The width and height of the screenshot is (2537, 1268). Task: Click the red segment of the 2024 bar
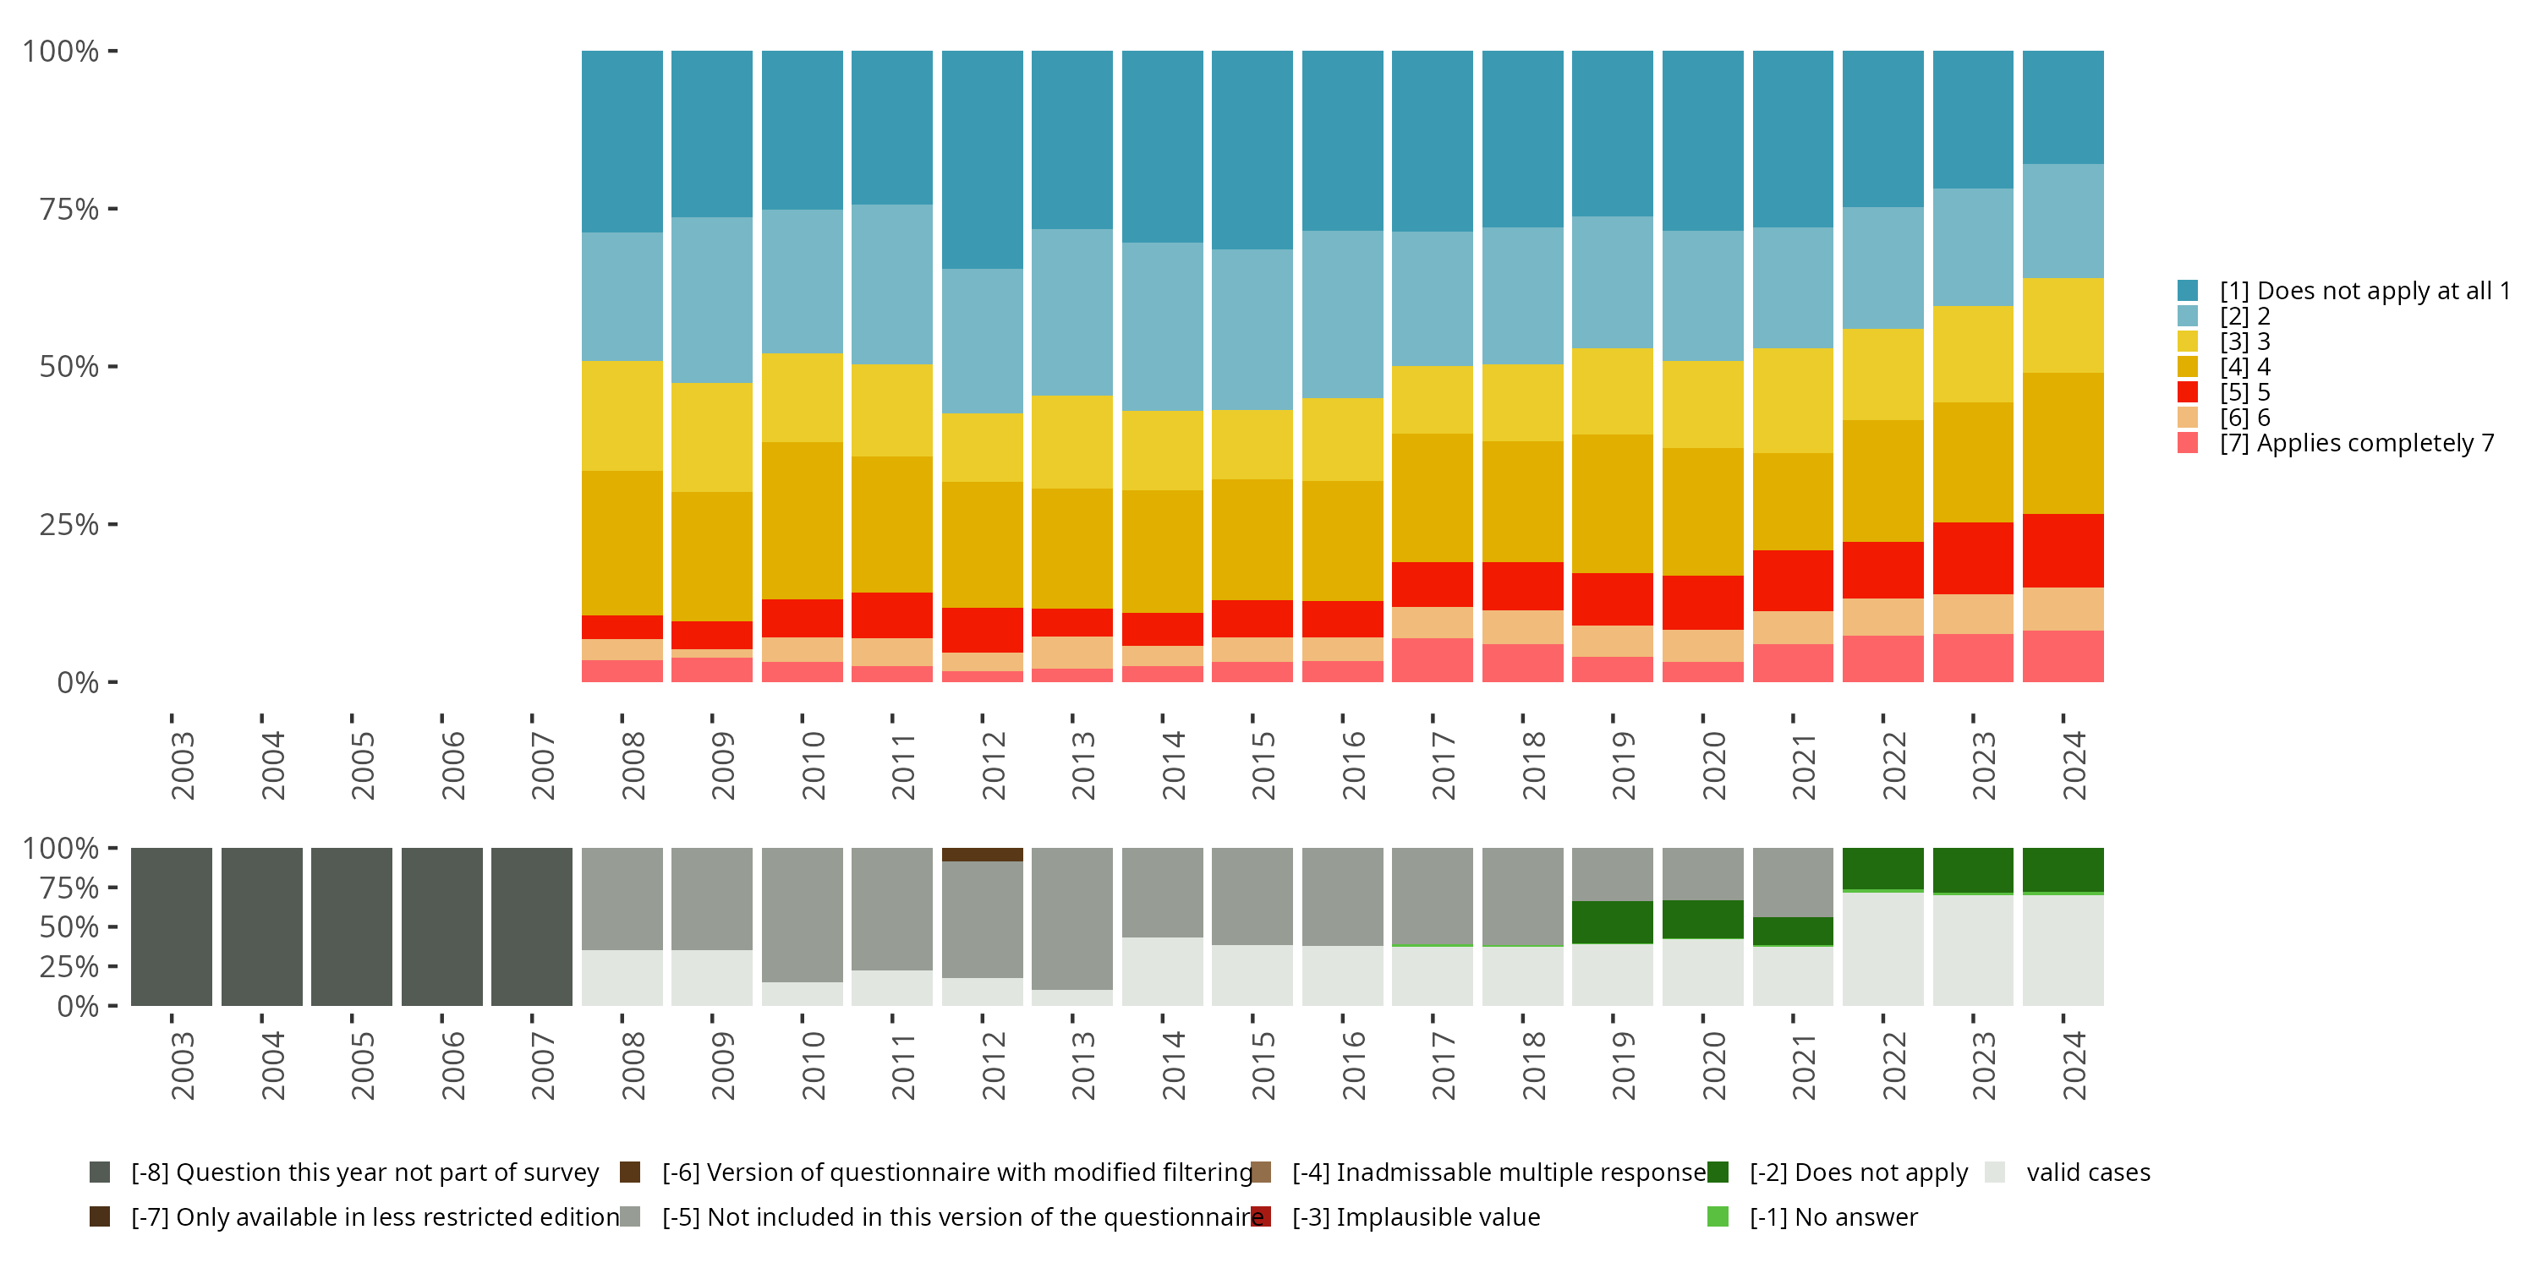(x=2063, y=550)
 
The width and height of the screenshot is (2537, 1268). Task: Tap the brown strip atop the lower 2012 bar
(x=982, y=855)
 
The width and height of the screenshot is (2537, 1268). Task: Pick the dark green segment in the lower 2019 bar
(x=1612, y=922)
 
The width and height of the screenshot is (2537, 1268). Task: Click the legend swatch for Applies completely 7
(x=2188, y=443)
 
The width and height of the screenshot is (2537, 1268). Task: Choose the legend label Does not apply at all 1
(x=2364, y=292)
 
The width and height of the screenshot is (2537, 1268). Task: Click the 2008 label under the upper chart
(x=633, y=766)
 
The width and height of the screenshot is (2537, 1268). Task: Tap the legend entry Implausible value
(x=1416, y=1218)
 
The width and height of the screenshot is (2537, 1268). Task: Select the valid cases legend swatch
(x=1995, y=1172)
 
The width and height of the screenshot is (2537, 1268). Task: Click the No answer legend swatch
(x=1718, y=1218)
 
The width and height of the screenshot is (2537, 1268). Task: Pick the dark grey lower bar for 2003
(x=172, y=926)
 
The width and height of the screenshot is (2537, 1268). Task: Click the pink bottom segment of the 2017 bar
(x=1432, y=659)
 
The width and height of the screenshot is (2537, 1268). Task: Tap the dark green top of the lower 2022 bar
(x=1882, y=868)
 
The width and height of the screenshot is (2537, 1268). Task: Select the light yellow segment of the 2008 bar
(x=622, y=415)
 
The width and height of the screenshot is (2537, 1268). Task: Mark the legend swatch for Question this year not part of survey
(x=100, y=1172)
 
